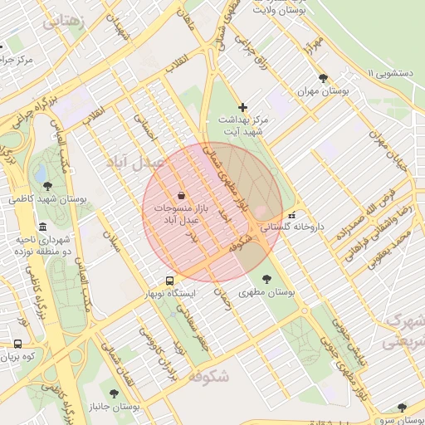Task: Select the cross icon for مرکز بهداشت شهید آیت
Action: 242,107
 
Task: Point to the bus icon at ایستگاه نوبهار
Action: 169,281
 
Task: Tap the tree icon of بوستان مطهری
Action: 266,279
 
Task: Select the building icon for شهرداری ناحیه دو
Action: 42,227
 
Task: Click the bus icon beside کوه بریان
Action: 17,343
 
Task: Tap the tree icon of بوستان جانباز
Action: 114,393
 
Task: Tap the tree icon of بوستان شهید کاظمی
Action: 46,186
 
